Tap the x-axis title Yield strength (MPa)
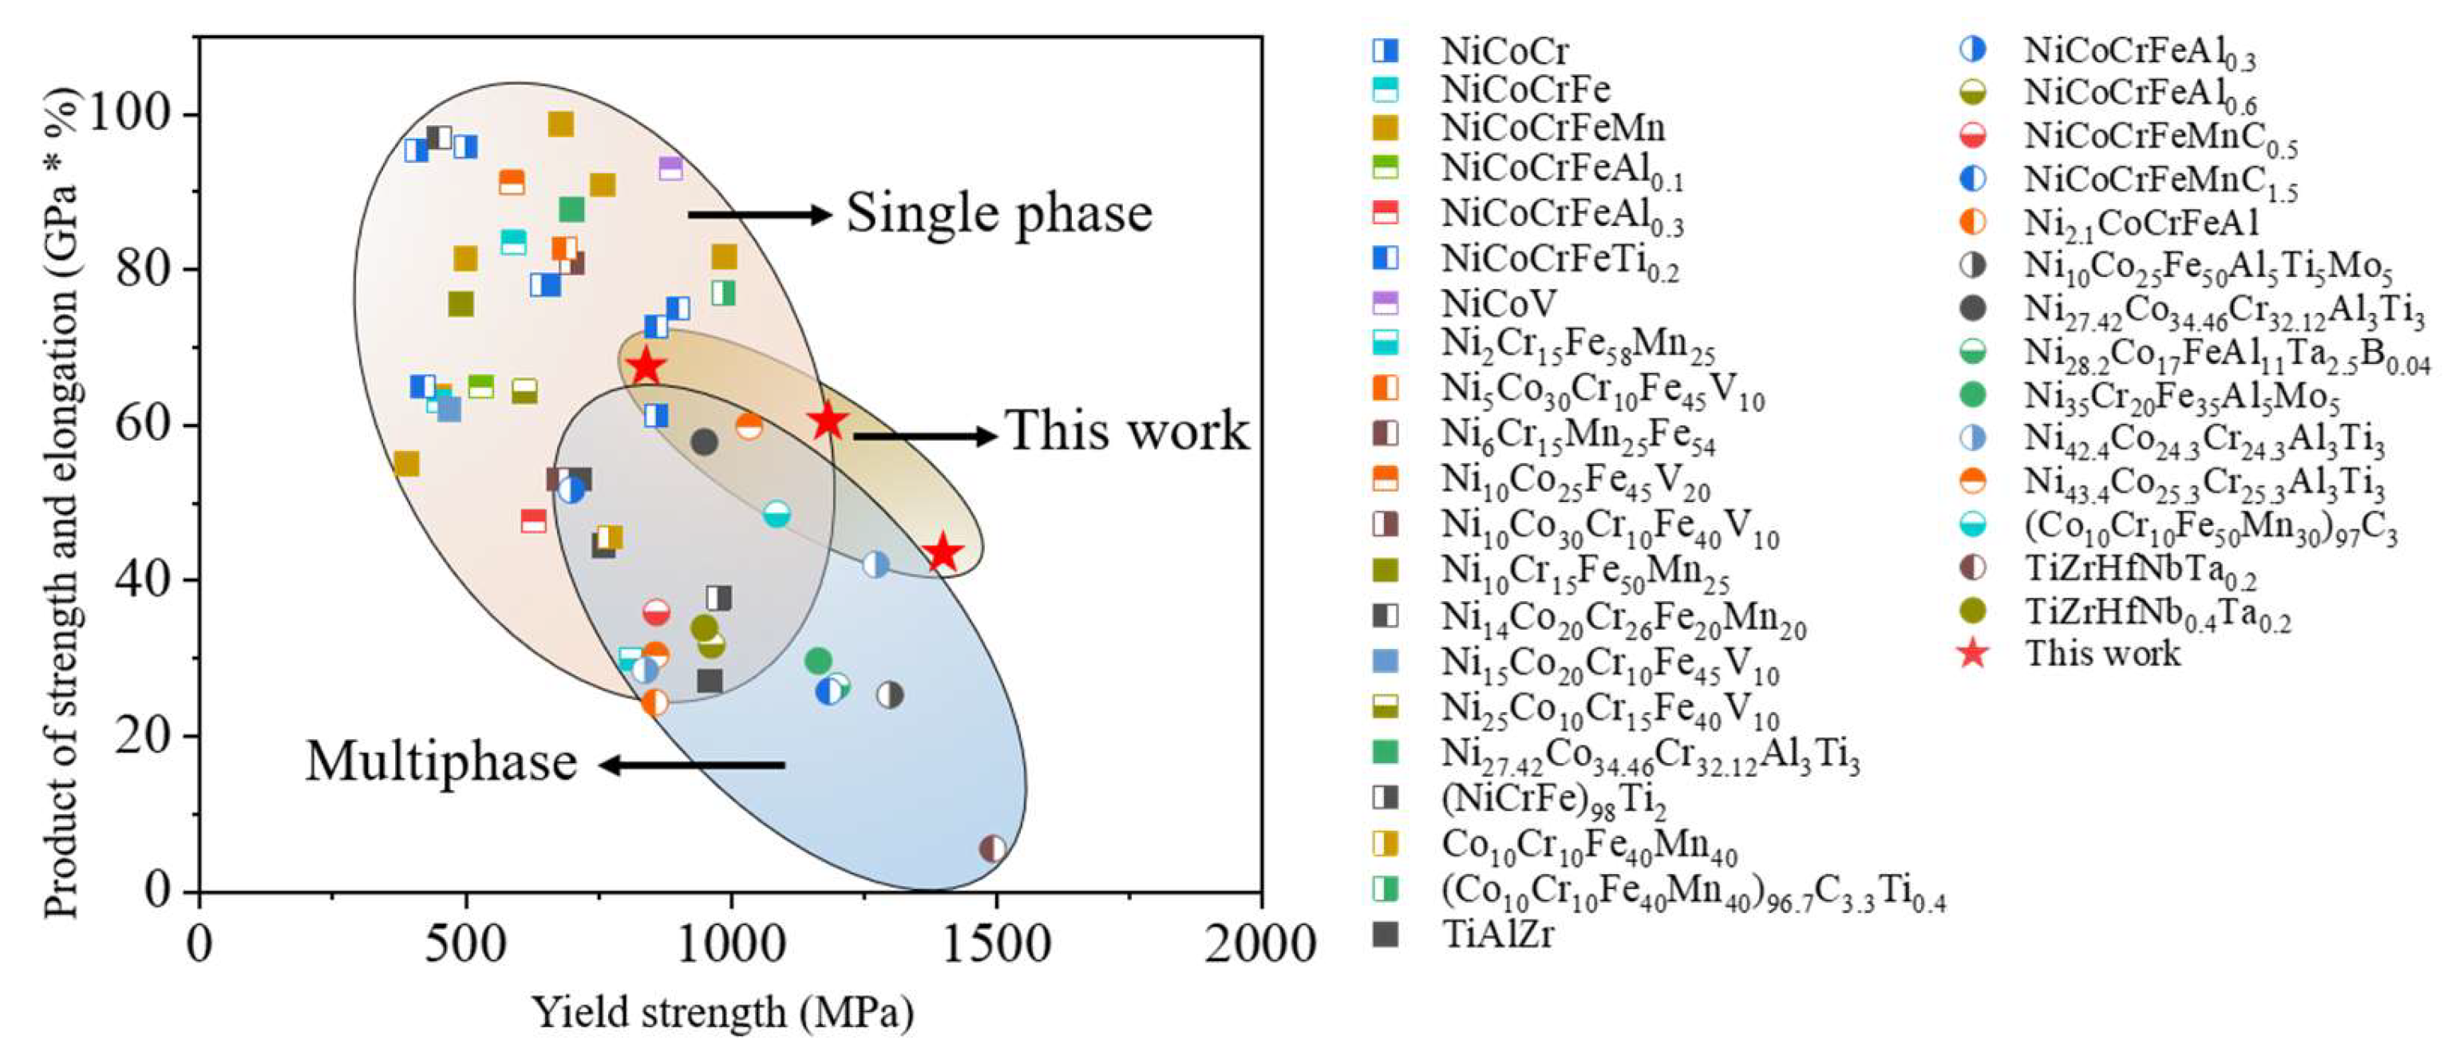(722, 1013)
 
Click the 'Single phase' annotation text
(998, 213)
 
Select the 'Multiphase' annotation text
(441, 761)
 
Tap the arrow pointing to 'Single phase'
(760, 215)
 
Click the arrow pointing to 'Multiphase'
(691, 765)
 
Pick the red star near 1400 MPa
(943, 552)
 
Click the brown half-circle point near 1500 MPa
(993, 848)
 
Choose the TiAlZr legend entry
(1496, 935)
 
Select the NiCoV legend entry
(1498, 303)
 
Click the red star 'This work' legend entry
(2102, 654)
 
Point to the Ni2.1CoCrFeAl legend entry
(2141, 223)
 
